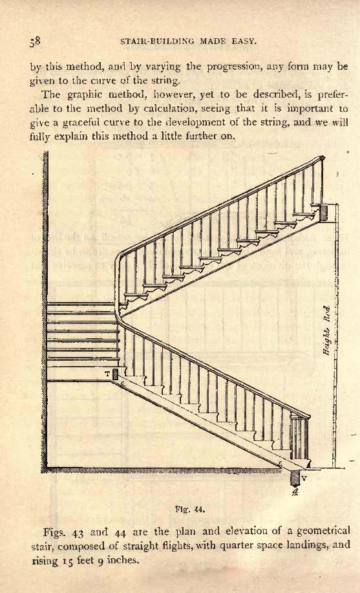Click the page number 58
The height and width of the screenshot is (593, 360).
35,41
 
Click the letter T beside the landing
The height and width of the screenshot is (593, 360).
107,374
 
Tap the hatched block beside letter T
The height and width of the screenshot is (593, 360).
115,374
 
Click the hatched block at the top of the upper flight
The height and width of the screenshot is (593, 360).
324,213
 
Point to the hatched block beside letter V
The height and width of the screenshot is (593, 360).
295,478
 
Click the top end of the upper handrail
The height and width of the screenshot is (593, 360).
322,157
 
